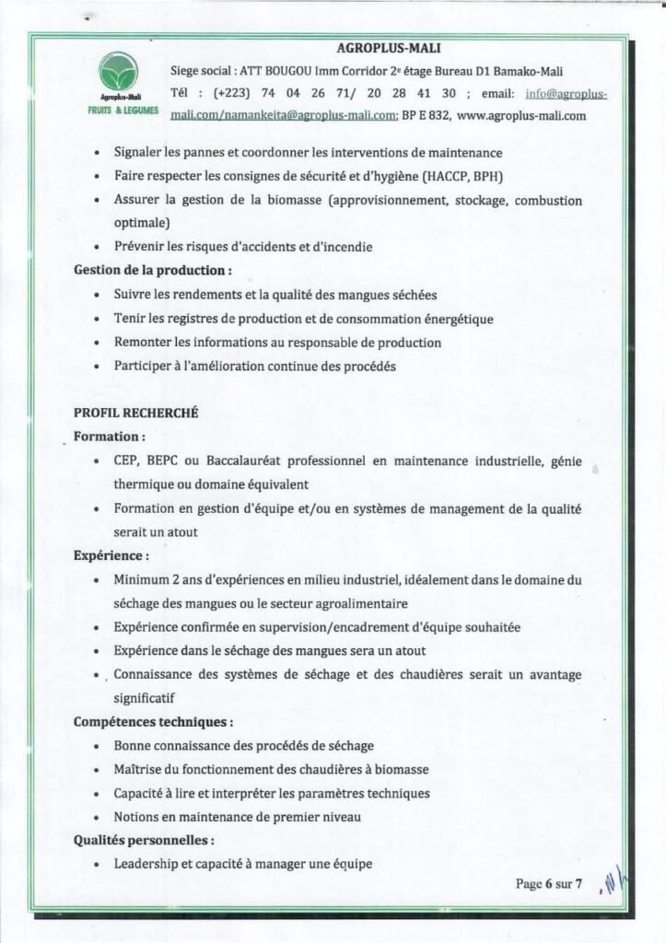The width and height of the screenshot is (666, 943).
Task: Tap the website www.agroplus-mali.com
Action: [x=521, y=116]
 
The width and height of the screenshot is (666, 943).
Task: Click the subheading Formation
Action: [x=110, y=436]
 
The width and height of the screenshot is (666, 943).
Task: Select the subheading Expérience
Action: [x=111, y=556]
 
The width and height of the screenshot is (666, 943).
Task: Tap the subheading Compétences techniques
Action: [x=153, y=722]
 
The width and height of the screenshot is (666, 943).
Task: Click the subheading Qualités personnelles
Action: [x=145, y=841]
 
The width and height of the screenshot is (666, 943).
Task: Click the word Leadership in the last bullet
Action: [x=146, y=865]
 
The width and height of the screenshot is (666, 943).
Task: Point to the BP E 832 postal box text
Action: [x=426, y=116]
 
